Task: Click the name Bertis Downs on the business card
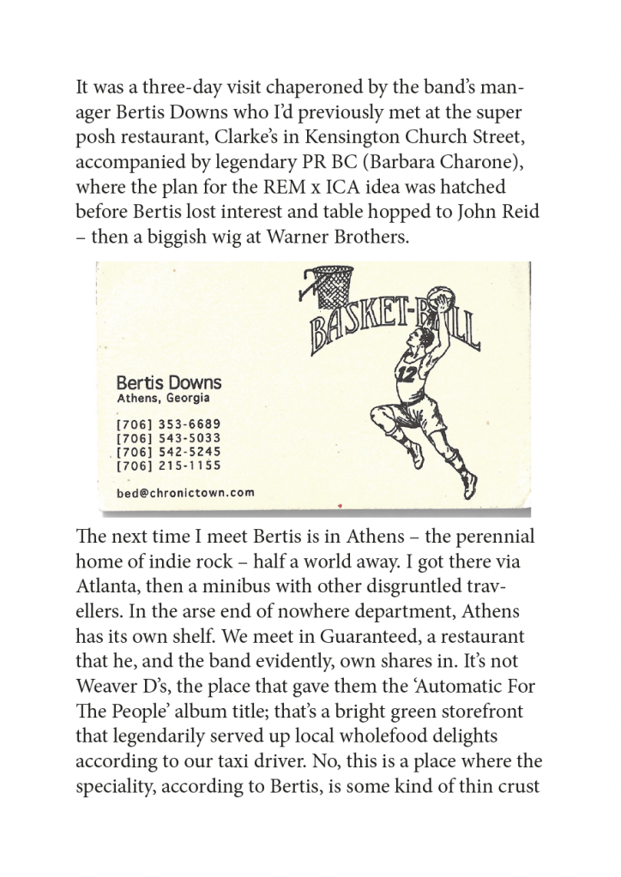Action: (x=168, y=382)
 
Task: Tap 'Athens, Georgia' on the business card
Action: (x=163, y=399)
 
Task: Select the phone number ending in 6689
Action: (x=168, y=424)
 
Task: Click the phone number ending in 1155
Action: (x=168, y=466)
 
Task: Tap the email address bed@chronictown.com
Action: (x=185, y=492)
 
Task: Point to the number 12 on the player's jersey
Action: (x=406, y=372)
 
